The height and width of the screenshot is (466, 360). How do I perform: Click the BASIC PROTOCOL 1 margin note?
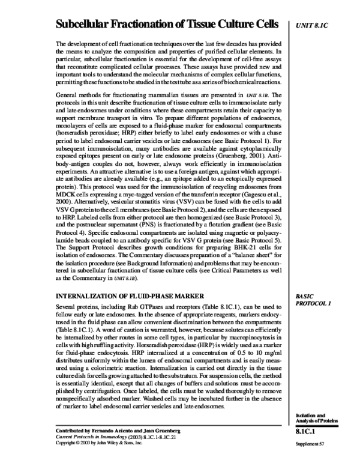click(313, 300)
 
